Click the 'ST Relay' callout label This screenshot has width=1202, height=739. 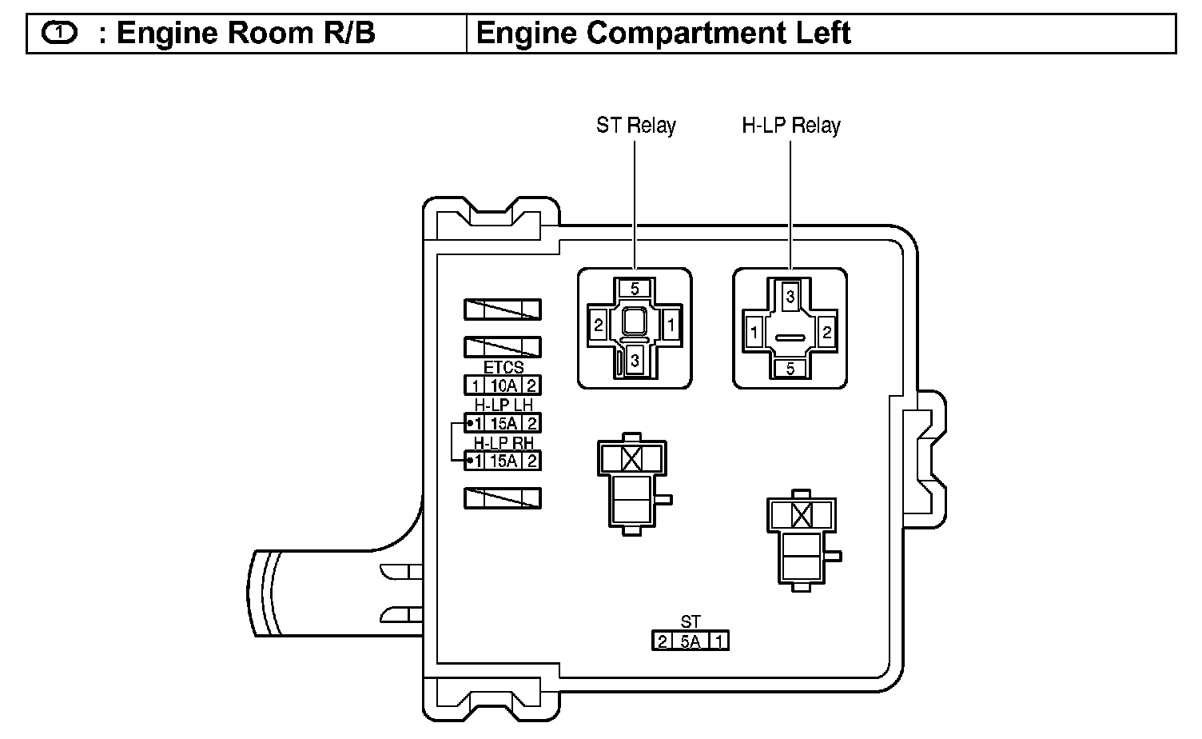635,126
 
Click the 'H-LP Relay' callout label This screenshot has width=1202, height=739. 790,126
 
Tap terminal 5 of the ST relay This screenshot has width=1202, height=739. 635,289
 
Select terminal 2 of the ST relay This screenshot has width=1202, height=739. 598,326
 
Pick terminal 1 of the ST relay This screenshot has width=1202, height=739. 671,326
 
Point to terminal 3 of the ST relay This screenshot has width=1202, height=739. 635,361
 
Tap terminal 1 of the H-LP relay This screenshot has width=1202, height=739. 753,332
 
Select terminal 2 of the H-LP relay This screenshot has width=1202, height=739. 827,332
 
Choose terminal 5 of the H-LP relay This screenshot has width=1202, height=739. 790,369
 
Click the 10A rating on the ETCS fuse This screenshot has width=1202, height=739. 503,385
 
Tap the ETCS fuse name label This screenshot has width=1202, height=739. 503,368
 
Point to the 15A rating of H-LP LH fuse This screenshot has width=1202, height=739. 503,423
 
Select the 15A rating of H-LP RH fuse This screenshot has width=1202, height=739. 503,461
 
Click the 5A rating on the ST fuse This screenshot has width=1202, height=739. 691,641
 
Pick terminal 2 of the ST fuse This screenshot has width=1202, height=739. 662,641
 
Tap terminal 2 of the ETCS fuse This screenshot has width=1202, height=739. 531,385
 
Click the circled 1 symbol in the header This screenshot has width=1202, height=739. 58,34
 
